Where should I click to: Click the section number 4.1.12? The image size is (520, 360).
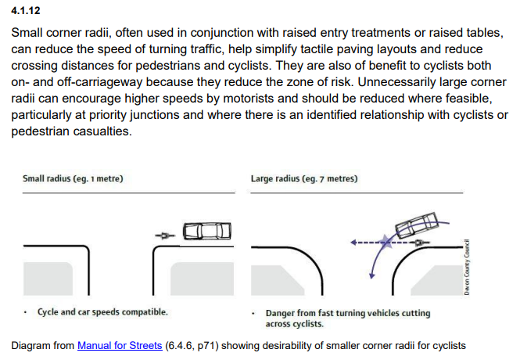[x=26, y=13]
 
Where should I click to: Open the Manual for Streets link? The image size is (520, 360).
[x=120, y=345]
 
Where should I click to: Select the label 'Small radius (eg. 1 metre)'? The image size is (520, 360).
[x=73, y=178]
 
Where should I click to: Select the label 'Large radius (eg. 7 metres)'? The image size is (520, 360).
[x=304, y=178]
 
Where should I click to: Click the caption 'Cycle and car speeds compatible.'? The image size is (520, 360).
[x=102, y=312]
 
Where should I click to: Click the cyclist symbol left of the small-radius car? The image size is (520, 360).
[x=164, y=233]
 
